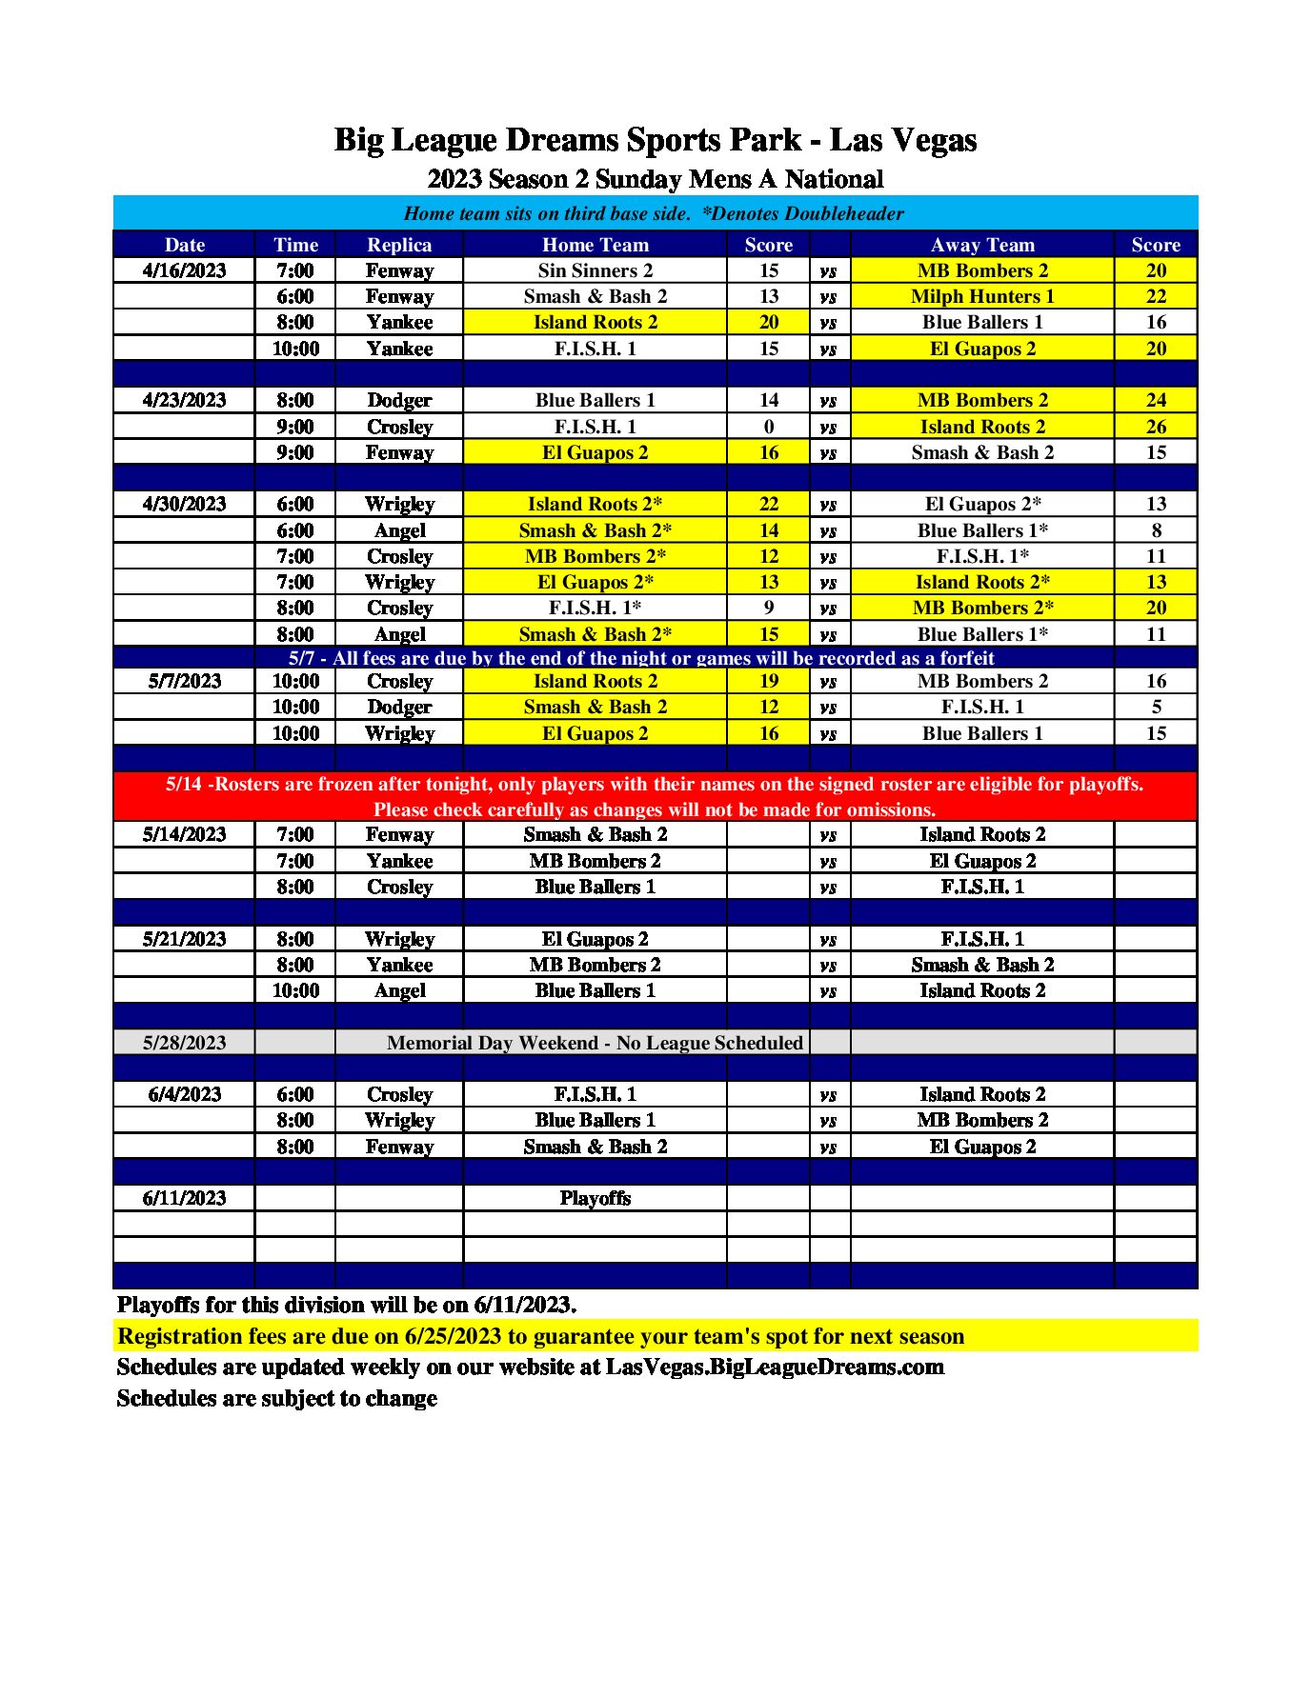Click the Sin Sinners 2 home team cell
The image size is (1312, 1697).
click(x=595, y=270)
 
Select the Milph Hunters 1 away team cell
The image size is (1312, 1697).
click(x=981, y=296)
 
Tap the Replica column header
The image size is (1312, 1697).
click(x=399, y=245)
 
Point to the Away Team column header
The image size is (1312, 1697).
click(x=981, y=245)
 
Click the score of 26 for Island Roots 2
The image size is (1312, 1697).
click(x=1155, y=427)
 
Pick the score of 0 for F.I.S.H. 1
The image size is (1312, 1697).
click(x=768, y=427)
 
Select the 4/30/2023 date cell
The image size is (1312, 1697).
click(x=184, y=504)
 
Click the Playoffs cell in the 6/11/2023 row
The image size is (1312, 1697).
click(x=595, y=1198)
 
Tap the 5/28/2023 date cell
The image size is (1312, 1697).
click(x=184, y=1043)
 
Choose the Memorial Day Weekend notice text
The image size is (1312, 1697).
click(x=595, y=1043)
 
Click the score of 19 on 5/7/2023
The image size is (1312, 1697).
click(x=768, y=681)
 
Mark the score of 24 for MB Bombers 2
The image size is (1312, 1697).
click(x=1155, y=400)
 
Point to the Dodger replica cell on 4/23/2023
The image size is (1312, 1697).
click(x=399, y=400)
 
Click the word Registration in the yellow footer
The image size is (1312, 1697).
click(x=178, y=1336)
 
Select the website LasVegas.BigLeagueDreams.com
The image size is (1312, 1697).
click(x=775, y=1368)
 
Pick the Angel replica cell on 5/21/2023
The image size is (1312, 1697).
click(x=399, y=990)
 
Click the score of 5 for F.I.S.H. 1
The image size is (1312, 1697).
click(x=1155, y=707)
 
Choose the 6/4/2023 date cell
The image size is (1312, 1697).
click(x=184, y=1094)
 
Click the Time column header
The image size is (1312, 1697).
click(x=295, y=245)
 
